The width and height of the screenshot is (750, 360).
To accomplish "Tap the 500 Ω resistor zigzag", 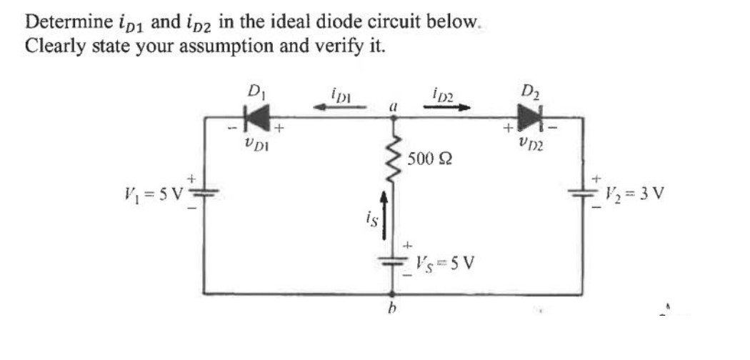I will (391, 158).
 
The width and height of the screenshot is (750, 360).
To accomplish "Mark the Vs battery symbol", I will (391, 263).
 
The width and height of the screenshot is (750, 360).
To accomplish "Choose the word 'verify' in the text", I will (337, 46).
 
